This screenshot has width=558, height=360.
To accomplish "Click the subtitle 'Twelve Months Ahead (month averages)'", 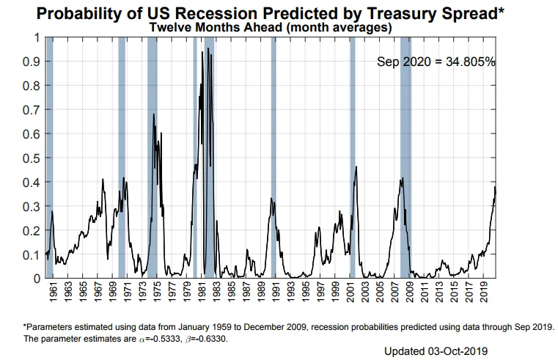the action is click(x=270, y=27).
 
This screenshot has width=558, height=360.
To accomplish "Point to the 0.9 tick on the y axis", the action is click(x=32, y=62).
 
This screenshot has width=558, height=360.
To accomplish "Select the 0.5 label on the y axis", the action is click(x=32, y=158).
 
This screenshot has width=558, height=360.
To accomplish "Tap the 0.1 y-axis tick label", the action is click(x=32, y=255).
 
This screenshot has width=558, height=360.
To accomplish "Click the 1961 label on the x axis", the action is click(x=54, y=293).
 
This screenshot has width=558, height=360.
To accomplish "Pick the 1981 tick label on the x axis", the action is click(x=202, y=293).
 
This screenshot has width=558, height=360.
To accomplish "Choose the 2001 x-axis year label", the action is click(x=350, y=293).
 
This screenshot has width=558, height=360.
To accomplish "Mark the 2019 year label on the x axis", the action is click(x=484, y=293).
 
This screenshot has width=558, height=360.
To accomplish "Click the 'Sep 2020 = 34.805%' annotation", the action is click(x=436, y=62).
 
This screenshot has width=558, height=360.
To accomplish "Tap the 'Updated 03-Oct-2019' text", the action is click(x=436, y=351).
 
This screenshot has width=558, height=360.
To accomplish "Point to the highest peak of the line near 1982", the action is click(x=208, y=48).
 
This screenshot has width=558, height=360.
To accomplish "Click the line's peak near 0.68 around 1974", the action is click(x=154, y=114).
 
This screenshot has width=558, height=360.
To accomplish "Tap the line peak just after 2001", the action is click(x=356, y=166).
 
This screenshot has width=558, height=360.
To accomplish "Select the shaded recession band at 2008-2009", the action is click(x=405, y=157).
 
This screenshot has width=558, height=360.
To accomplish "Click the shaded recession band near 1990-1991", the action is click(x=274, y=157).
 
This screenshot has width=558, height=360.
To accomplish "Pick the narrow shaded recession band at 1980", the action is click(x=195, y=157).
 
